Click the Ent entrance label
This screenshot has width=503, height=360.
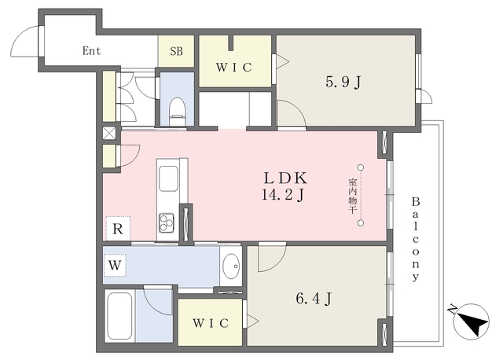[92, 50]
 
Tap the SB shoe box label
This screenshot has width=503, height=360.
[176, 51]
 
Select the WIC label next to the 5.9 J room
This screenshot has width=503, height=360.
[234, 68]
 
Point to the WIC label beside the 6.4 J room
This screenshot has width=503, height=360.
[211, 323]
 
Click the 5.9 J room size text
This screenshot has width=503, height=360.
[343, 82]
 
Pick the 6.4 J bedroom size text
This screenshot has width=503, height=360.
[314, 299]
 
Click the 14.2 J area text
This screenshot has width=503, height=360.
[283, 194]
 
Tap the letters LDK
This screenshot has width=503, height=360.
[285, 178]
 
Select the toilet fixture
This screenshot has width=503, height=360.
[177, 111]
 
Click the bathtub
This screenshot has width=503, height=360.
[119, 316]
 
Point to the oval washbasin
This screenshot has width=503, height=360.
[231, 266]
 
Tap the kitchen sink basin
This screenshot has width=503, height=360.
[168, 179]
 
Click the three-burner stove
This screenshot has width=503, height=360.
[167, 222]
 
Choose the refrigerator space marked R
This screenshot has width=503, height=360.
[118, 229]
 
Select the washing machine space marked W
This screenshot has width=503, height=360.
[115, 266]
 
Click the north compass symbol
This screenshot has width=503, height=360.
[472, 321]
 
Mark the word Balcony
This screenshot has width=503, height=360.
[416, 240]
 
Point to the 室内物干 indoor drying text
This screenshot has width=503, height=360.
[353, 197]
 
